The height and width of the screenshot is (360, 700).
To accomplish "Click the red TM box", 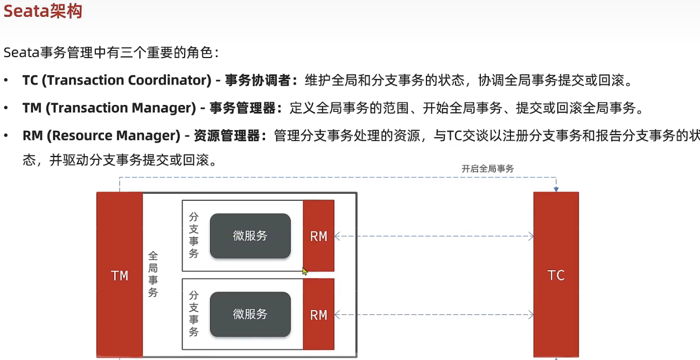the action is (120, 275).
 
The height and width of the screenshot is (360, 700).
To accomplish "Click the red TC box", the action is (556, 275).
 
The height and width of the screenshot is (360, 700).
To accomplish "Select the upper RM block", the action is (319, 236).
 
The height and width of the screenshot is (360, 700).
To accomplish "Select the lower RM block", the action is (319, 315).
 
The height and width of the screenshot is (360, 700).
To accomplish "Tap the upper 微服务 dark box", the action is (250, 236).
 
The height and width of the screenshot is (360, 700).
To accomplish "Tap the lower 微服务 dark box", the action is (250, 314).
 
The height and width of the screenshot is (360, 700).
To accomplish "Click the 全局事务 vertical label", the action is (153, 274).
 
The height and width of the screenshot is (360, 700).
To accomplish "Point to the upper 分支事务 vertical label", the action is (194, 235).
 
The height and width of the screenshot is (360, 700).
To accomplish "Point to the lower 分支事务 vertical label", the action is (194, 314).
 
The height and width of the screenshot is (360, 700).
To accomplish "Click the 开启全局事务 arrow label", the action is (488, 168).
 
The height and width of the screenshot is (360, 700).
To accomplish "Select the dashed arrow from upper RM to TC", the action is (433, 236).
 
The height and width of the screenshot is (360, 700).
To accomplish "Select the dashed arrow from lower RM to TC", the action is (433, 315).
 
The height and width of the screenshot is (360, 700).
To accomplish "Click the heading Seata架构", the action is (43, 11).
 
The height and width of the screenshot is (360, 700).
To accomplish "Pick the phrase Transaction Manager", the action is (121, 108).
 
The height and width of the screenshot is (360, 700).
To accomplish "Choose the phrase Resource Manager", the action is (114, 136).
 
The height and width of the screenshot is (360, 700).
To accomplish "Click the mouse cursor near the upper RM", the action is (304, 271).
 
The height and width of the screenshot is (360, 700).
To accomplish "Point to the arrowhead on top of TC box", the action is (556, 189).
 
